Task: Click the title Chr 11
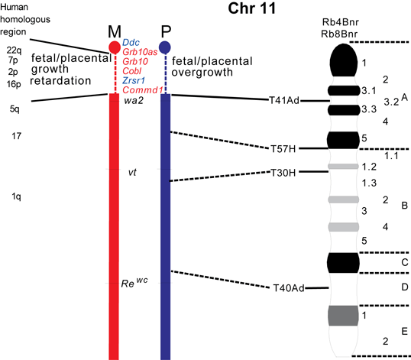click(251, 8)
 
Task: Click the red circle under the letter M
click(115, 47)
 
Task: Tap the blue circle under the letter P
click(165, 47)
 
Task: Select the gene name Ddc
click(131, 43)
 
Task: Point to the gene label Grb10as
click(140, 52)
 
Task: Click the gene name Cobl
click(132, 71)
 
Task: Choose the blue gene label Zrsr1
click(134, 80)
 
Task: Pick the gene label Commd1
click(143, 90)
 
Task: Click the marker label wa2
click(134, 101)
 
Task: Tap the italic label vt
click(132, 173)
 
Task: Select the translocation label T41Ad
click(284, 100)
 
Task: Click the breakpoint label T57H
click(283, 149)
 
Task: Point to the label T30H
click(283, 173)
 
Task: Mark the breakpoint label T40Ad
click(289, 288)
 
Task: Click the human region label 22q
click(14, 50)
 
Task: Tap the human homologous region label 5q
click(15, 109)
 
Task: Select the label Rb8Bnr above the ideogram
click(339, 34)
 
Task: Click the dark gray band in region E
click(343, 316)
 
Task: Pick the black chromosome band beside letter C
click(343, 263)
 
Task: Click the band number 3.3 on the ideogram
click(369, 109)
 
